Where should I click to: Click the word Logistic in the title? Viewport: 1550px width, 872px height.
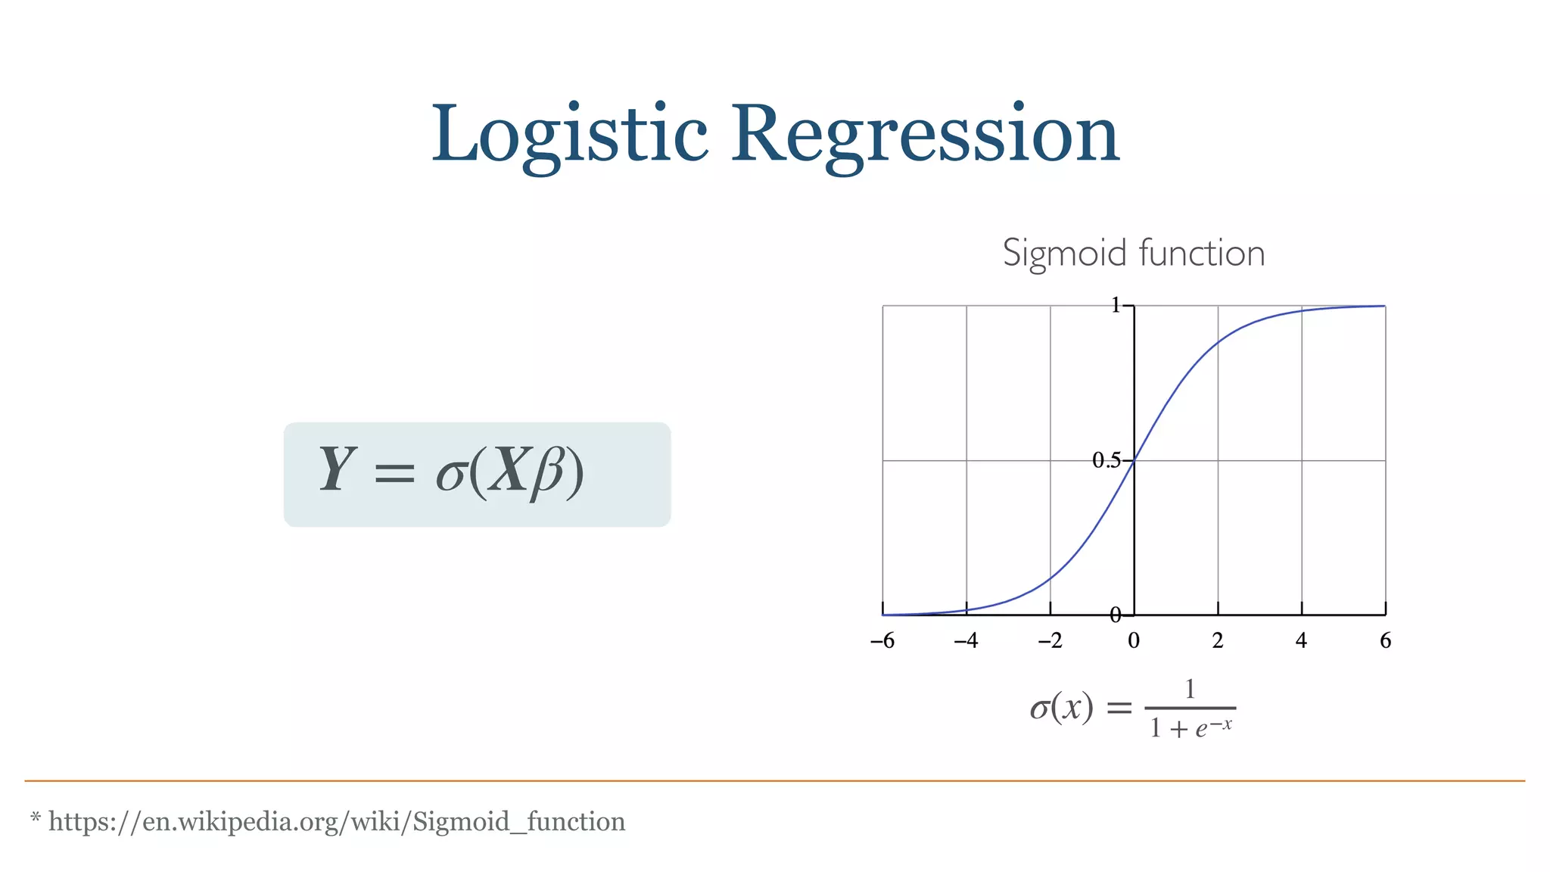569,135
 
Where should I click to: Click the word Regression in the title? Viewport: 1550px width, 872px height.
924,135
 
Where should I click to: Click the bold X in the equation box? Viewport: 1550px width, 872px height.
508,470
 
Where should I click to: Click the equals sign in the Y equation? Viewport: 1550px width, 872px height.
394,475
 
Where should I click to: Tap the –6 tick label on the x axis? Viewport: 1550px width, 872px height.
882,641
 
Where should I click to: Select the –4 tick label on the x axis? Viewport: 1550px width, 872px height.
966,641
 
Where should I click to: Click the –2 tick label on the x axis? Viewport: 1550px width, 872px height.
1050,641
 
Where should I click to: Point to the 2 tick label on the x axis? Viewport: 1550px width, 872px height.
1218,641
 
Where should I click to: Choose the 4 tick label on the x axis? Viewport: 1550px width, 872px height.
1301,641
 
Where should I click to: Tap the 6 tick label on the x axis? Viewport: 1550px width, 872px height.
1385,641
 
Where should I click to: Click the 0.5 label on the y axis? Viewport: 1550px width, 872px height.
1106,460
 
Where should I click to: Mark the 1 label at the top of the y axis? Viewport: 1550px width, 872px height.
1116,305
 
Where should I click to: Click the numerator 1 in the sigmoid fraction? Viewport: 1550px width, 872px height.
1190,689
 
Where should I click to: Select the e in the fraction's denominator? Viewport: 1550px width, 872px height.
1201,730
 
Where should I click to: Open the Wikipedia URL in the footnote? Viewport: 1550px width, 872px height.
337,821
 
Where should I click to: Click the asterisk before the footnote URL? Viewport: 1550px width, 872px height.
35,817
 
